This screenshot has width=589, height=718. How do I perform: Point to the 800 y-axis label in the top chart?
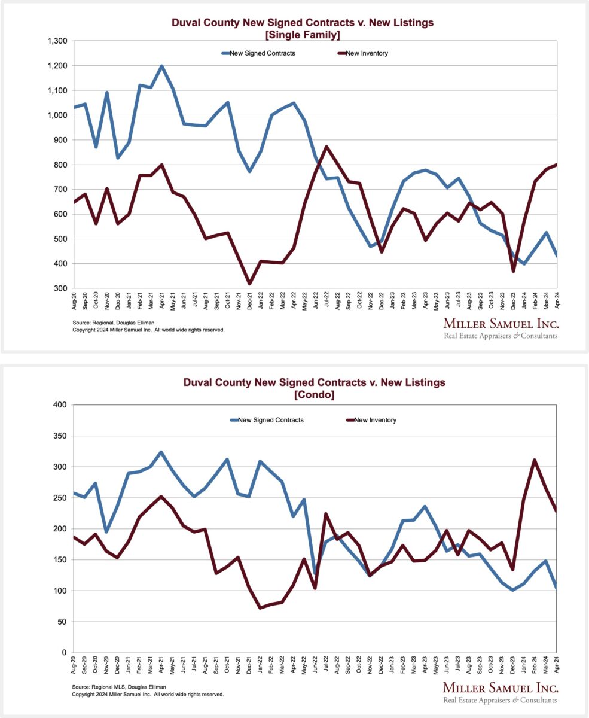[x=60, y=165]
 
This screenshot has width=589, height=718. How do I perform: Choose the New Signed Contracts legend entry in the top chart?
[x=262, y=53]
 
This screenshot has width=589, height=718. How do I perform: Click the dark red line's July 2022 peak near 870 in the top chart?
[x=326, y=147]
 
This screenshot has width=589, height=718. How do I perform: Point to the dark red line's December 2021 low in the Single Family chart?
[x=249, y=284]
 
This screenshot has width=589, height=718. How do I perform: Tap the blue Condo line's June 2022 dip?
[x=315, y=573]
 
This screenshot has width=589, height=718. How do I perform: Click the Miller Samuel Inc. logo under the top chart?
[x=500, y=327]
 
